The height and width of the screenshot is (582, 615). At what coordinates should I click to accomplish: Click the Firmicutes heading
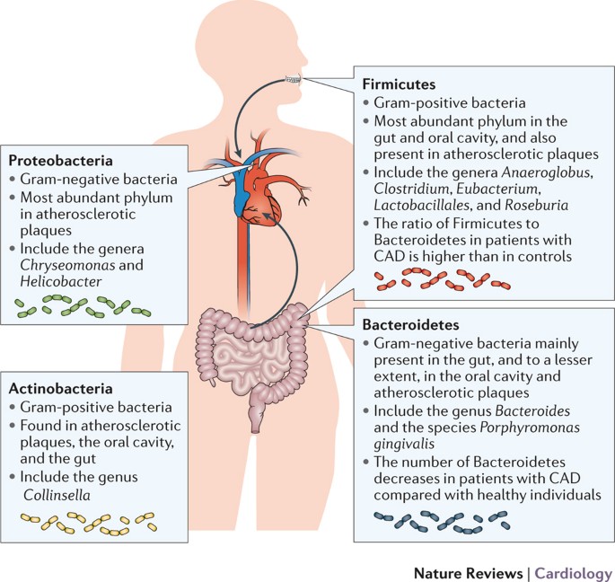[398, 84]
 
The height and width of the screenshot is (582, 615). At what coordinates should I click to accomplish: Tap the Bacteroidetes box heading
[409, 322]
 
